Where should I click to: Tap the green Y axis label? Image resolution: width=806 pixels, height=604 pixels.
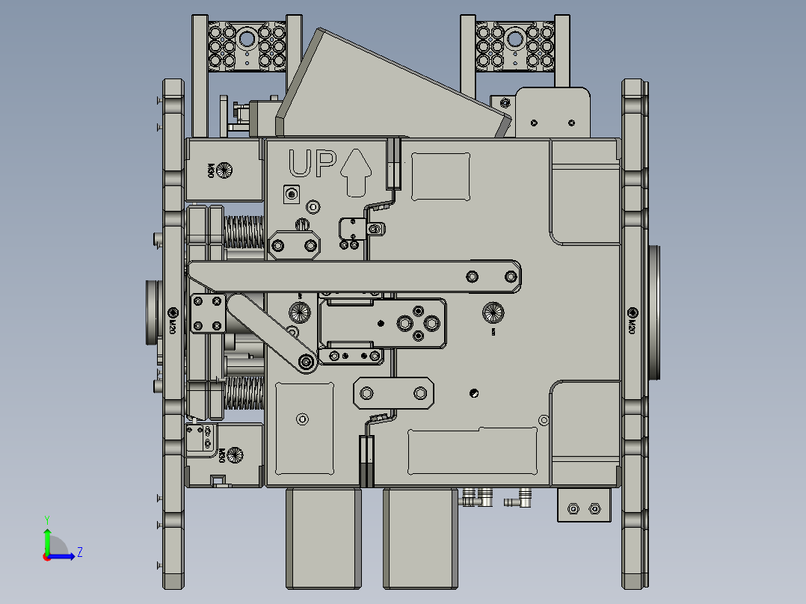(46, 518)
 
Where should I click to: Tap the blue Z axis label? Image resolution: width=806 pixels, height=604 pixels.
(79, 552)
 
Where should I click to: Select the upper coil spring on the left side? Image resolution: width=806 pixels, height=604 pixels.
(244, 232)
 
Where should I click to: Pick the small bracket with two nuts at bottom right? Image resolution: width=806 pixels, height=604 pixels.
(583, 508)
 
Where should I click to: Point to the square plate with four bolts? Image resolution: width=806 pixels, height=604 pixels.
(208, 313)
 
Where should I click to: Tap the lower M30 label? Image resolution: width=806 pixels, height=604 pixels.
(222, 454)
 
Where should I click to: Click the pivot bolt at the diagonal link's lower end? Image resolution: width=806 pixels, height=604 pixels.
(305, 363)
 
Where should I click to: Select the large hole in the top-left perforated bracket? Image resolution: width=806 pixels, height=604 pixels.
(247, 37)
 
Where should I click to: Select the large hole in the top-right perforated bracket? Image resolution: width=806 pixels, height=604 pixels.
(514, 37)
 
